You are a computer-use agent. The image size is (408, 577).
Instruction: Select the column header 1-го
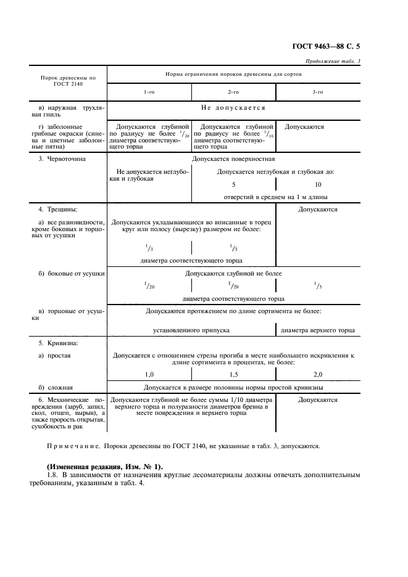(149, 92)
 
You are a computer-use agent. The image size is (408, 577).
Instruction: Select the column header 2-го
(233, 92)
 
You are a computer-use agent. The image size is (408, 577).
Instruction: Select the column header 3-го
(317, 92)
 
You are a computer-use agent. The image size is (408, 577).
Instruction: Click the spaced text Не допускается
(233, 108)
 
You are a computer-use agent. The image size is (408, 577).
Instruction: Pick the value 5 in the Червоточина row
(233, 184)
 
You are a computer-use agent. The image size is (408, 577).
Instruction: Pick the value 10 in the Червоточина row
(317, 184)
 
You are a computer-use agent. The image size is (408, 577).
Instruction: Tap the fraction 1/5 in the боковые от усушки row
(317, 285)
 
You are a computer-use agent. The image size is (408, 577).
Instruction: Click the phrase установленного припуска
(191, 330)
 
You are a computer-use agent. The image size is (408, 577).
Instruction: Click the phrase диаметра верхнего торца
(317, 330)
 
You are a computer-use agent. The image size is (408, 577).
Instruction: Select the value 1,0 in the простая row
(149, 374)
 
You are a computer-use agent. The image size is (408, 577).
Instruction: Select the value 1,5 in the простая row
(233, 374)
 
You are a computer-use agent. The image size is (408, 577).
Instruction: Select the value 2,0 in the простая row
(317, 374)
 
